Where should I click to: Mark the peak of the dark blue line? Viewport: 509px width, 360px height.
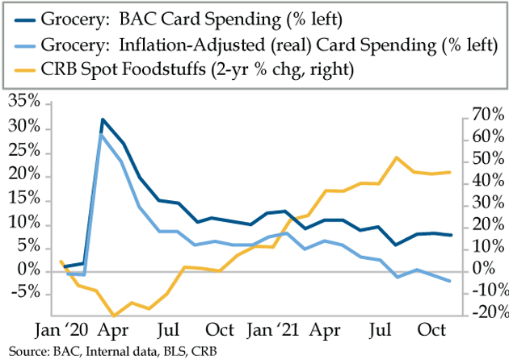click(x=103, y=119)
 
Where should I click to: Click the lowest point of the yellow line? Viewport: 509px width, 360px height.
click(x=114, y=316)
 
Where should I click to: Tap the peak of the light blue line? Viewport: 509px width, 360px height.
click(x=102, y=135)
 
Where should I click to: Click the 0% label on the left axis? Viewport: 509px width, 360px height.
click(x=33, y=271)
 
